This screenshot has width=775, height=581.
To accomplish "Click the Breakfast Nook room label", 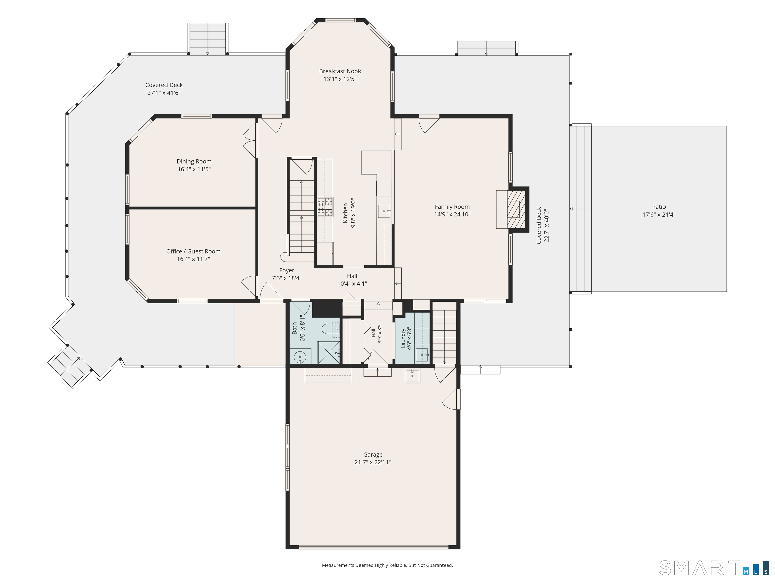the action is [x=340, y=71].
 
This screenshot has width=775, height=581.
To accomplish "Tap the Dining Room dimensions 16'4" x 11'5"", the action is [x=194, y=169].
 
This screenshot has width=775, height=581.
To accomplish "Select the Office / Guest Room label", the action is [x=193, y=251].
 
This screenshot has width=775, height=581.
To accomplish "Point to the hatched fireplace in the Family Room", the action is [x=516, y=209].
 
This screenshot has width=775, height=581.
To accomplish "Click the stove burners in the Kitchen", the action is [x=325, y=207].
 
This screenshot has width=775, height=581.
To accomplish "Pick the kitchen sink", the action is [x=384, y=211].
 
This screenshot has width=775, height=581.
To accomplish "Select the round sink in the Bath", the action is [x=300, y=357].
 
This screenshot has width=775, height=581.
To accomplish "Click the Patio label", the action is [x=659, y=207].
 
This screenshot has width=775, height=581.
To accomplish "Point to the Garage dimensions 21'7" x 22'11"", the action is [x=373, y=462].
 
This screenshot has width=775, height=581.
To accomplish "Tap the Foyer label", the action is [x=287, y=270].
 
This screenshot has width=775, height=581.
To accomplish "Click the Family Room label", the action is [x=452, y=207].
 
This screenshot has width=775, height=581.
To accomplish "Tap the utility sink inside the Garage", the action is [x=412, y=375].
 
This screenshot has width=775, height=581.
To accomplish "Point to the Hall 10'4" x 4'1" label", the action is [x=352, y=280].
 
